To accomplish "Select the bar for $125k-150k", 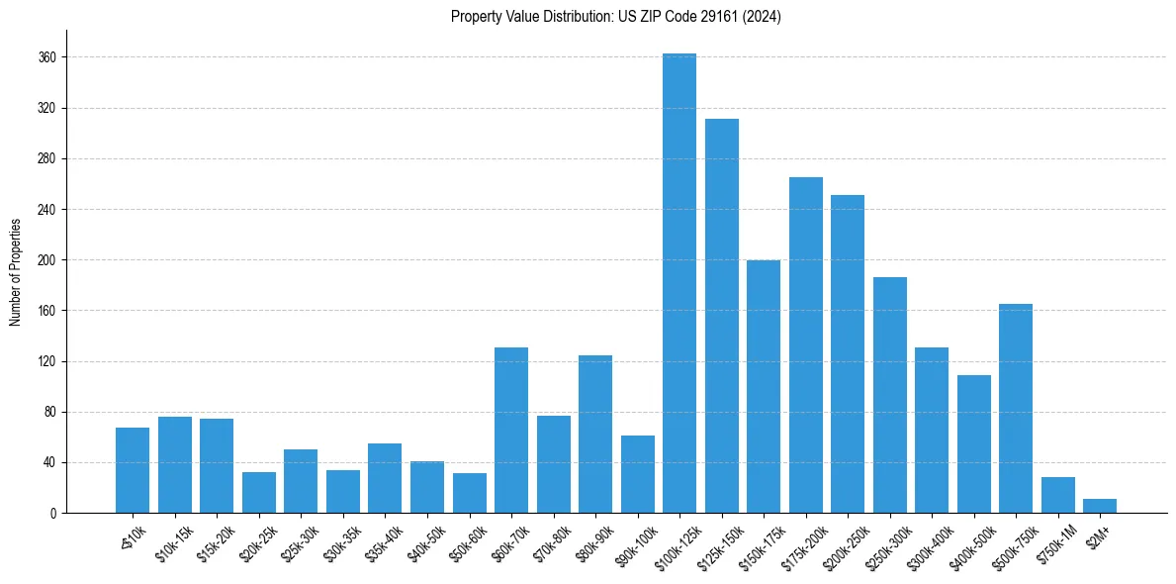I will coord(721,316).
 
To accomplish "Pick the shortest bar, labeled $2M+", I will coord(1100,506).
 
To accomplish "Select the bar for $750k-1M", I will coord(1057,495).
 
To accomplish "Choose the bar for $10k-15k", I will coord(174,464).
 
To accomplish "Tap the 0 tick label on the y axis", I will coord(54,513).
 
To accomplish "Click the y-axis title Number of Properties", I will coord(15,271).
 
